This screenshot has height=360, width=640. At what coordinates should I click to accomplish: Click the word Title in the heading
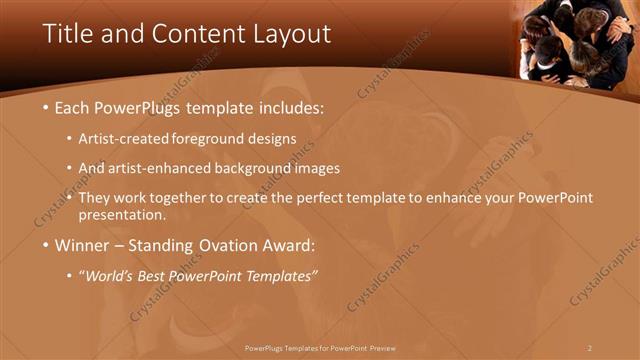[66, 33]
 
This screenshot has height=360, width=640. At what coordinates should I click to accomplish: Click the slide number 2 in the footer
[590, 347]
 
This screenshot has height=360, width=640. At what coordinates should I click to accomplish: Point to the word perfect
[340, 198]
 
